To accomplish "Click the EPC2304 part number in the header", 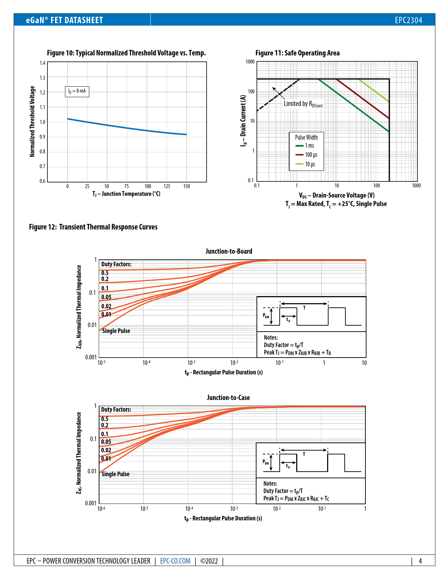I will [408, 20].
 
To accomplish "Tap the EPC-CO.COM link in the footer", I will [175, 561].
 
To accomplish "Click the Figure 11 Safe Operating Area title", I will [297, 53].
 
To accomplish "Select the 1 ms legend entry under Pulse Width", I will [309, 146].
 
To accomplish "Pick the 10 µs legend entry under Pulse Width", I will [310, 164].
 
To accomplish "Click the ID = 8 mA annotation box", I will [77, 91].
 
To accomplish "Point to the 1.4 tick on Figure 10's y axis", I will [43, 63].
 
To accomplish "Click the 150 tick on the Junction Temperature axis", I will [187, 186].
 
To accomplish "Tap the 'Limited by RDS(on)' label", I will [303, 104].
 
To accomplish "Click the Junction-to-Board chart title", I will [229, 251].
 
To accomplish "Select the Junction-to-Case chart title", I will [228, 398].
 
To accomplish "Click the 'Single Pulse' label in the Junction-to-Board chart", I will [116, 331].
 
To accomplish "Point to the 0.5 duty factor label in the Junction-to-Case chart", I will [105, 419].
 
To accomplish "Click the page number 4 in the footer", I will [420, 561].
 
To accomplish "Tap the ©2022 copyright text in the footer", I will [209, 561].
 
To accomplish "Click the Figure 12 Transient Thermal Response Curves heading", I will [93, 227].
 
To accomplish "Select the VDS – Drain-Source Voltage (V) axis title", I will [337, 195].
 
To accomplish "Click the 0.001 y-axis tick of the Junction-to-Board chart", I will [91, 357].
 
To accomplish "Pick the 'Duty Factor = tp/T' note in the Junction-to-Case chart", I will [283, 491].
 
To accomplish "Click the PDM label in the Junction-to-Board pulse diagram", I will [266, 315].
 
